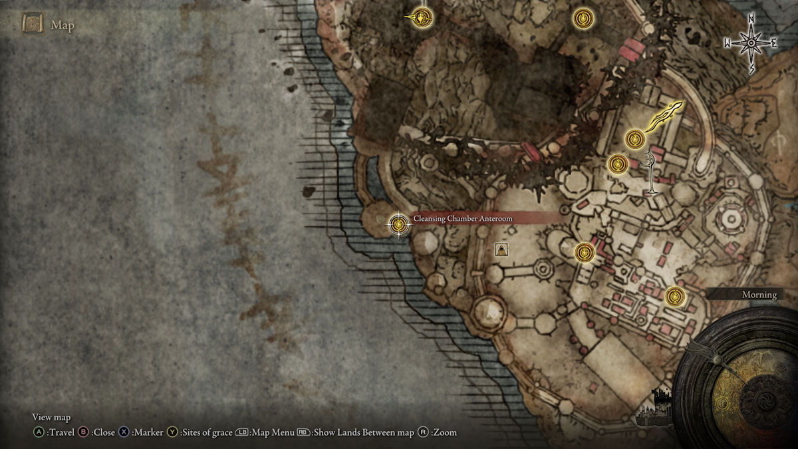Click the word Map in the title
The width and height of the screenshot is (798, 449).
pos(63,26)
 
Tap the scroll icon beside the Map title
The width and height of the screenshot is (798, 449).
pos(33,25)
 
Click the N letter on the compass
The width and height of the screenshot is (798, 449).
pos(751,18)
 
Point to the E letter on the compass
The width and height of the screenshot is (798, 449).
pos(773,43)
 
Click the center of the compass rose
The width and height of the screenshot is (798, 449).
pos(751,43)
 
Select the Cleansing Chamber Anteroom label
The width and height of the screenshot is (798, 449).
pos(463,218)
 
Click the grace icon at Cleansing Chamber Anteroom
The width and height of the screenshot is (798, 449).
pos(398,224)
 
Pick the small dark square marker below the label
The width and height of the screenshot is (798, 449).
pos(502,249)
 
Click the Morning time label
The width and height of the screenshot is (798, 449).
pos(759,295)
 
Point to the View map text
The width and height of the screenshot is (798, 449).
pos(51,417)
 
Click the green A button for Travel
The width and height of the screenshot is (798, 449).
pos(39,432)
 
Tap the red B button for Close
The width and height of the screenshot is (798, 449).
pos(84,432)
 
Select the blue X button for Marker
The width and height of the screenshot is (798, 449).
pos(124,432)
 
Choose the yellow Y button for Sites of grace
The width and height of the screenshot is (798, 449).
pos(172,432)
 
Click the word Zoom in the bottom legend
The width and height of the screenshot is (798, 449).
pos(444,432)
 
